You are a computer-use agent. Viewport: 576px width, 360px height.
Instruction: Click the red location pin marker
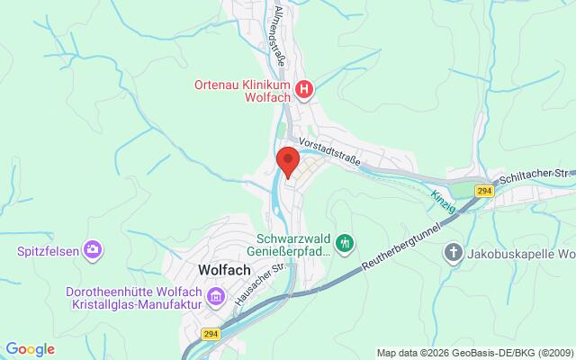click(288, 161)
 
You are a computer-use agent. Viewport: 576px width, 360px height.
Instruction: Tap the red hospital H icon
click(306, 88)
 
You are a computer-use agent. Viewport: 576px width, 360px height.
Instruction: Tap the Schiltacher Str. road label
click(538, 172)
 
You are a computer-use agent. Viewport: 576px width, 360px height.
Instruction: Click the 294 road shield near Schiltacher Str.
click(484, 191)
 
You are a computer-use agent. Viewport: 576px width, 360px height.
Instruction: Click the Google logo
click(31, 348)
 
